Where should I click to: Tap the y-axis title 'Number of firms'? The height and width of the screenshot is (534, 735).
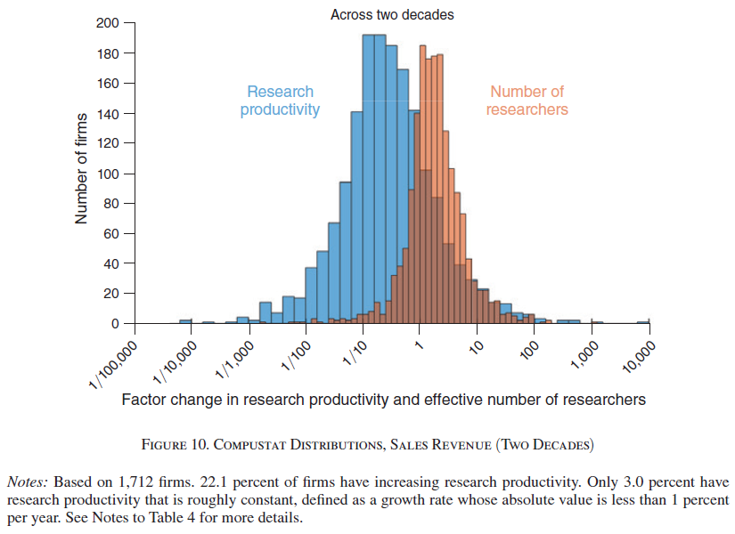pyautogui.click(x=82, y=168)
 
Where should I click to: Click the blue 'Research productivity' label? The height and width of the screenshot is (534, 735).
pyautogui.click(x=280, y=101)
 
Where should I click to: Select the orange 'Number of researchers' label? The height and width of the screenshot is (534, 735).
pyautogui.click(x=527, y=101)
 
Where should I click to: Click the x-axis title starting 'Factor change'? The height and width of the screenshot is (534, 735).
pyautogui.click(x=383, y=400)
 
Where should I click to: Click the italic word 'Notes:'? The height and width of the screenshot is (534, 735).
pyautogui.click(x=27, y=481)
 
